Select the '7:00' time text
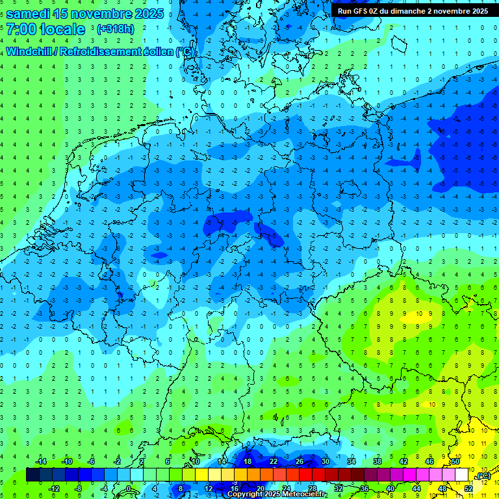tap(21, 30)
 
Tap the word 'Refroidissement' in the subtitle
tap(98, 51)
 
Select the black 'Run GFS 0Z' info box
tap(413, 11)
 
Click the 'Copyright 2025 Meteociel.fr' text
tap(277, 494)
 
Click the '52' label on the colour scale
tap(468, 489)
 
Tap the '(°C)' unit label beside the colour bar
tap(482, 476)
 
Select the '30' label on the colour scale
tap(325, 461)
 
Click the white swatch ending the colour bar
tap(461, 475)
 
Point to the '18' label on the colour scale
tap(247, 461)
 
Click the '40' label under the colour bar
tap(390, 489)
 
